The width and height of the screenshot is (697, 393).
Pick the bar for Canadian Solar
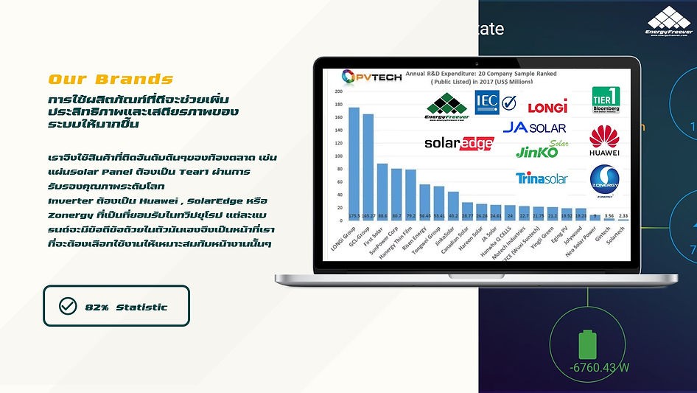[467, 211]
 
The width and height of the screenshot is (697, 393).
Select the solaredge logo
[458, 143]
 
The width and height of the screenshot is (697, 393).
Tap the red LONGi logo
[547, 108]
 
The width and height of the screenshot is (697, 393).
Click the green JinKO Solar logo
[542, 151]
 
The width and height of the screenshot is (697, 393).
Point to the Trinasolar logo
[542, 178]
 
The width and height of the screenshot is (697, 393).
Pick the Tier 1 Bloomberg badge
[606, 100]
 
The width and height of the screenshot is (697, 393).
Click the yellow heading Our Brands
[111, 79]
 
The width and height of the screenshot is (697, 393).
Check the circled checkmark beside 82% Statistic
[68, 306]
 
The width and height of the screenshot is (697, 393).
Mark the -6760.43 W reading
[598, 367]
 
